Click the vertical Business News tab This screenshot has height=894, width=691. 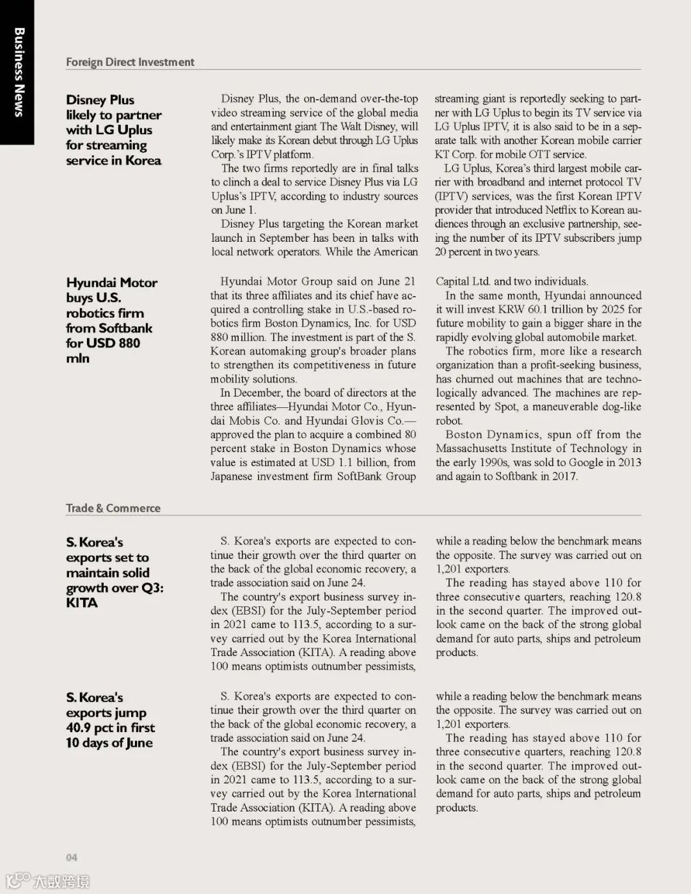tap(19, 72)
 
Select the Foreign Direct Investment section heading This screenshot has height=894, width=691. tap(130, 62)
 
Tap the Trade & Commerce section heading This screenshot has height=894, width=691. tap(113, 508)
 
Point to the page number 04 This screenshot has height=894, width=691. tap(71, 858)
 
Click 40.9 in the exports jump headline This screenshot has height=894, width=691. tap(78, 728)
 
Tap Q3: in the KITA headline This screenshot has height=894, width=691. tap(152, 588)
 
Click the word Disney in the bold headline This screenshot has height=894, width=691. tap(86, 100)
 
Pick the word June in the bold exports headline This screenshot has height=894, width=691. tap(139, 743)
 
